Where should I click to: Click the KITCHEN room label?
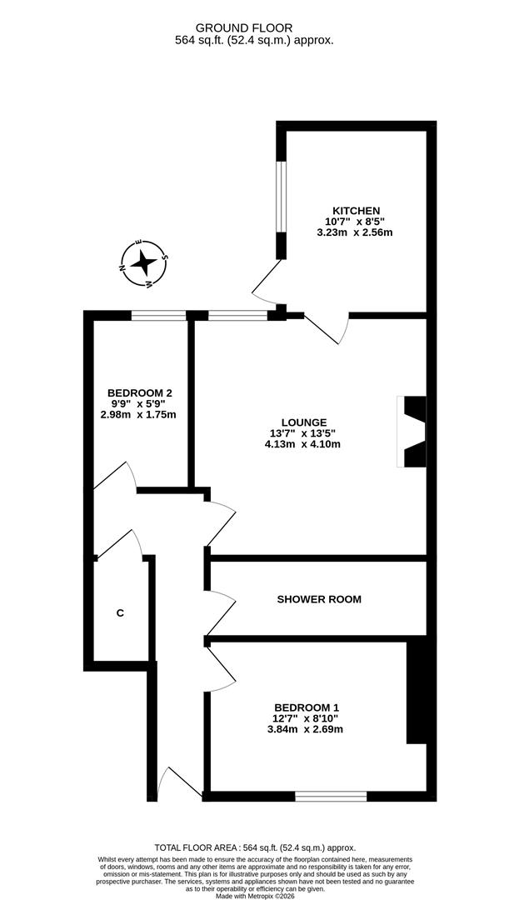pos(356,210)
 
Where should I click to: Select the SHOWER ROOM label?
pos(319,599)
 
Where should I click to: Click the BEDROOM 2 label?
pos(139,392)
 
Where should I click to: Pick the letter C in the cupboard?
pos(120,613)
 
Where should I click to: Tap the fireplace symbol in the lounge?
pos(414,432)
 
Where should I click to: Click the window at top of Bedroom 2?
pos(158,315)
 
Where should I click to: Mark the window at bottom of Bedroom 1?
pos(331,797)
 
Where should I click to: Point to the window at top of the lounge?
pos(237,315)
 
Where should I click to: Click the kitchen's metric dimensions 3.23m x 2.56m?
pos(355,232)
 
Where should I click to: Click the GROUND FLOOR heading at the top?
pos(255,27)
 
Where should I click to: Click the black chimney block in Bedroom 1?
pos(416,692)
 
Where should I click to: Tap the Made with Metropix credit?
pos(259,896)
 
